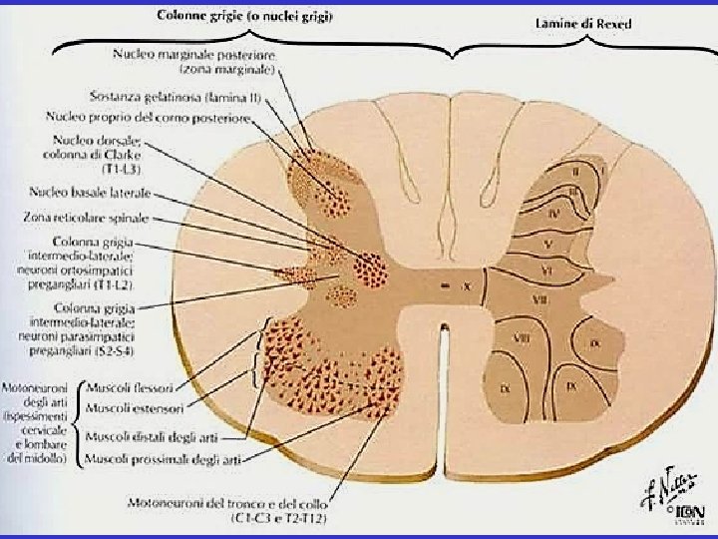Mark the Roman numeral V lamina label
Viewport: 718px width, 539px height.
click(x=547, y=244)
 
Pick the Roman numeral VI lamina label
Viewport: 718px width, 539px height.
click(x=546, y=270)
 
